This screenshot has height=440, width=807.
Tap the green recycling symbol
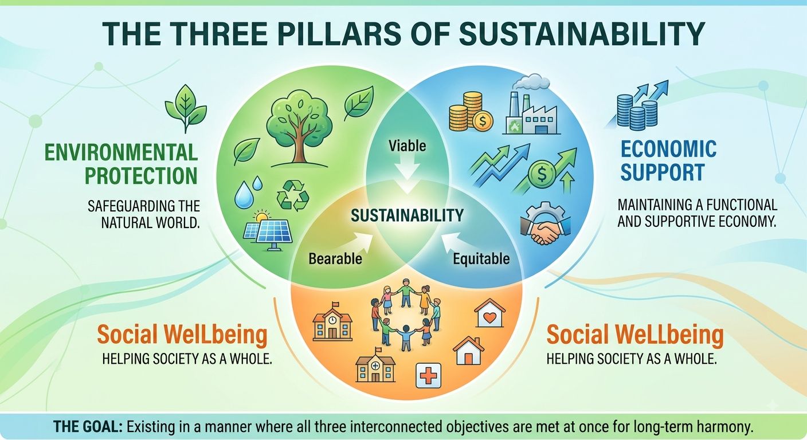click(292, 195)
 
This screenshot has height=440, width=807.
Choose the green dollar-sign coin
click(542, 174)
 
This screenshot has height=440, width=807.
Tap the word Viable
click(407, 146)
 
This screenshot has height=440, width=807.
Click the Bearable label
click(335, 258)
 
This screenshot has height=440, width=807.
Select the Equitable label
click(481, 259)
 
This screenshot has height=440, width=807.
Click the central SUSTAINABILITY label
click(407, 215)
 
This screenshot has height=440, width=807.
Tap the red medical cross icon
click(428, 375)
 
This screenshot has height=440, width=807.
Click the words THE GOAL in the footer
click(88, 427)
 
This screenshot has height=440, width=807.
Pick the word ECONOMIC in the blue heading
click(668, 149)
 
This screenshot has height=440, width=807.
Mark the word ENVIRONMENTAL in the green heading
click(121, 152)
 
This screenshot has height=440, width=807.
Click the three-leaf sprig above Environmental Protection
click(186, 108)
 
